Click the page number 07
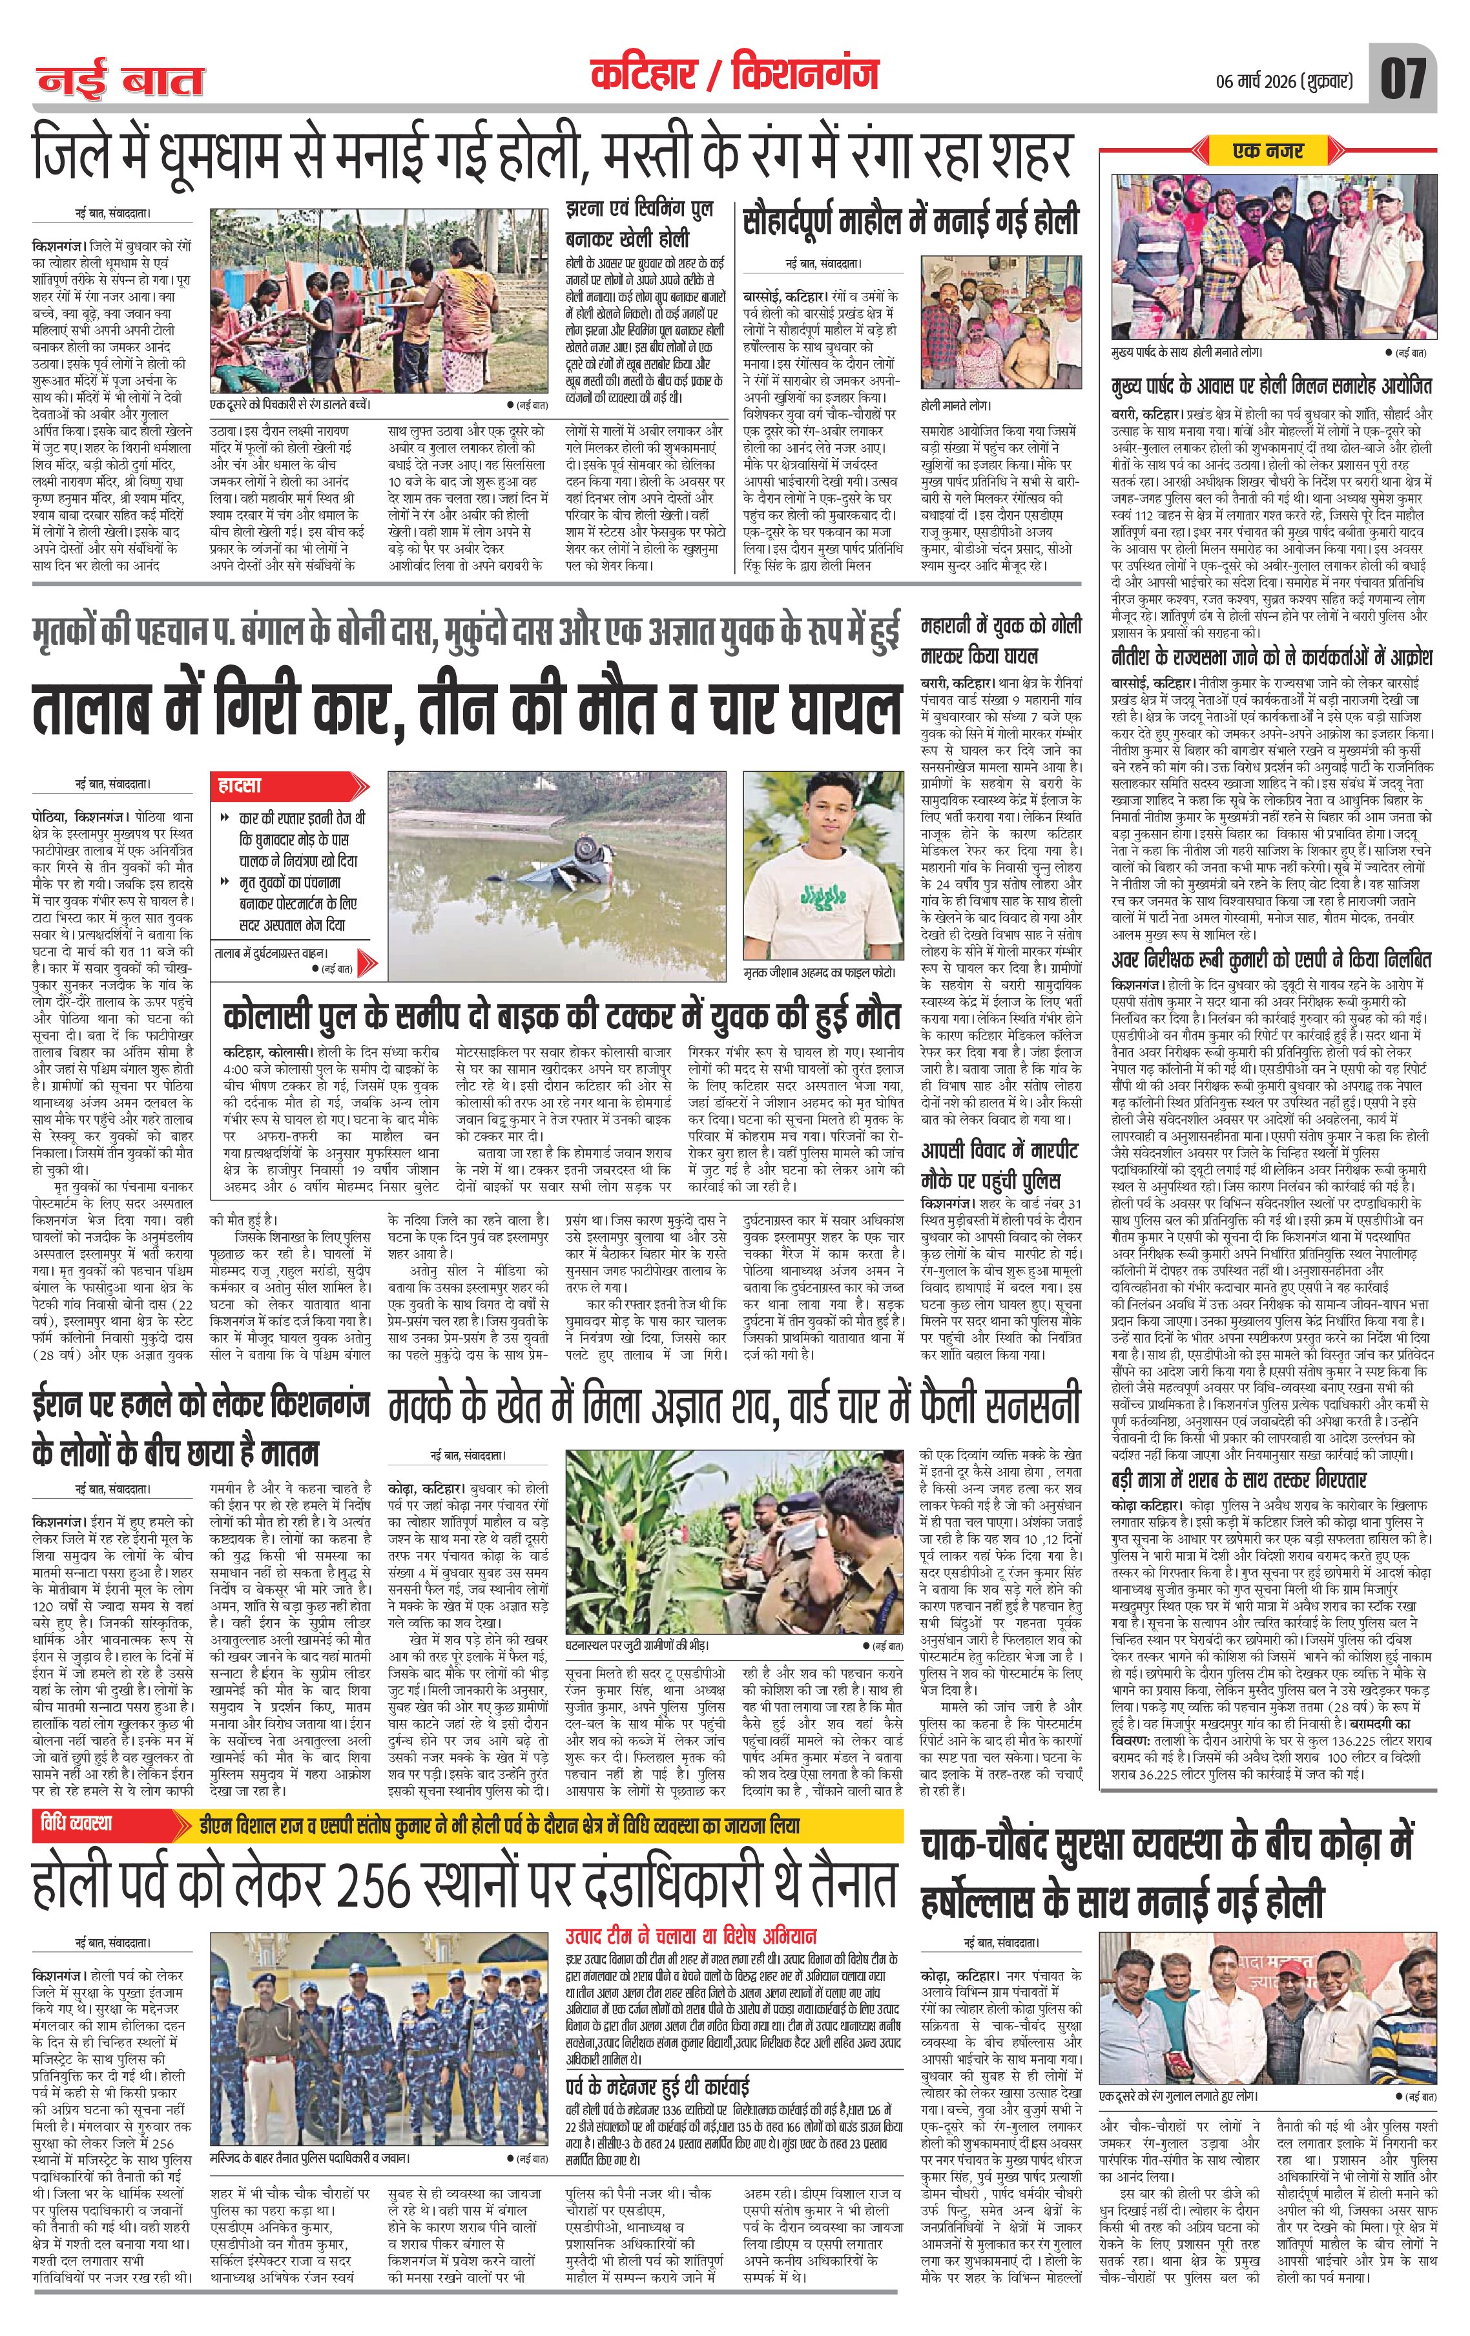pyautogui.click(x=1402, y=77)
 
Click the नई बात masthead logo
pyautogui.click(x=122, y=80)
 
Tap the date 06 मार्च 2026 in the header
pyautogui.click(x=1270, y=80)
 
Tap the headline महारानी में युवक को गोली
pyautogui.click(x=1000, y=639)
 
